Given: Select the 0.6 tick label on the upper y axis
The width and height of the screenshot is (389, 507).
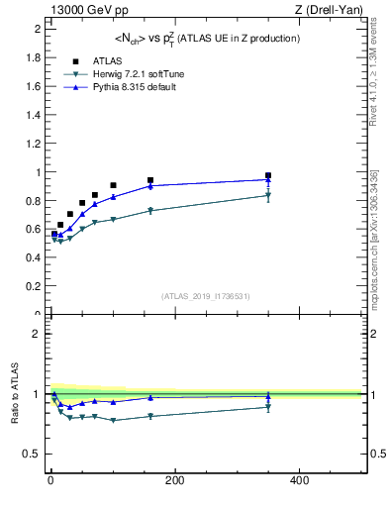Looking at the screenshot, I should [33, 230].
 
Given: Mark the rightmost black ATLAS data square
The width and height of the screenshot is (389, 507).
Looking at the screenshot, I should [268, 175].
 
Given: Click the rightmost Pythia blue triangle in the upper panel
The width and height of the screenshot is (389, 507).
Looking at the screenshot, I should [268, 180].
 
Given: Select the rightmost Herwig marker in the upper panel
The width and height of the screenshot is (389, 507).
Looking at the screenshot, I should [268, 195].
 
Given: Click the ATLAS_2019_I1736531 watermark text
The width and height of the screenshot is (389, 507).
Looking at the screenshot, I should [206, 295].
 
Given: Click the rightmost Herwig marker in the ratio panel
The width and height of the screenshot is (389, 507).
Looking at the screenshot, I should [268, 407].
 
